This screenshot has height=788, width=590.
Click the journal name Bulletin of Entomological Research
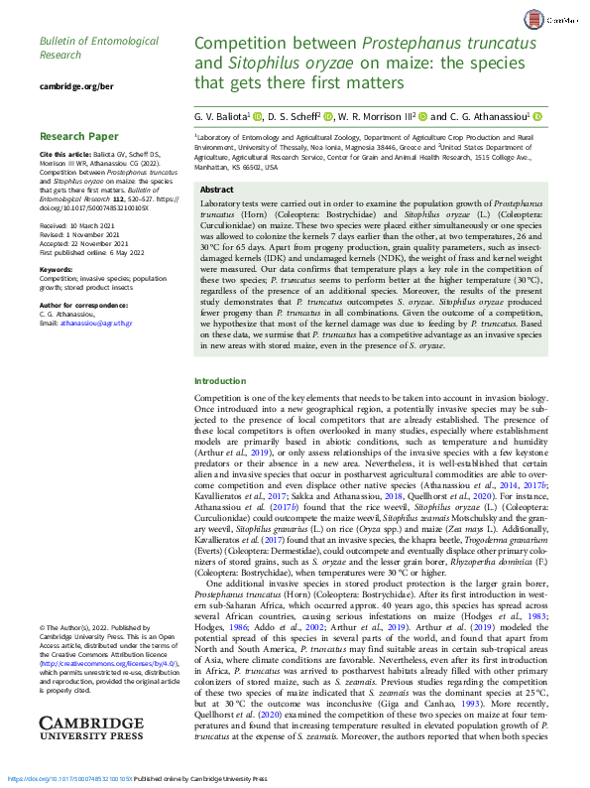click(x=98, y=49)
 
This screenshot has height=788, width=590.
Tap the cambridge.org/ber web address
click(x=75, y=87)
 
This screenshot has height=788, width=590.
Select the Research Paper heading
click(x=79, y=136)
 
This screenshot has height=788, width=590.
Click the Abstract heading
click(x=217, y=189)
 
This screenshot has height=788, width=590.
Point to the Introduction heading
click(x=220, y=381)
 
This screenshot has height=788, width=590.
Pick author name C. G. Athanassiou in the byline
click(x=487, y=117)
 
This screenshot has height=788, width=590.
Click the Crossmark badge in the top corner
click(x=561, y=19)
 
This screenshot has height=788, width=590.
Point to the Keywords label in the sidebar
click(x=56, y=270)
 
